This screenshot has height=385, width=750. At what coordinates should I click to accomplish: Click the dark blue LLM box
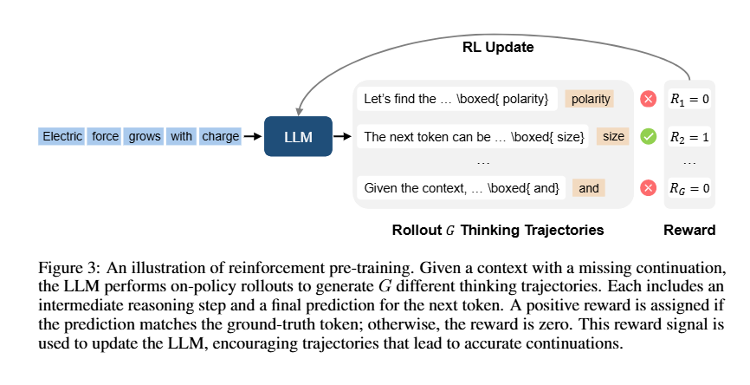(298, 136)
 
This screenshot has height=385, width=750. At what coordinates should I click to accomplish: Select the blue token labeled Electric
(61, 136)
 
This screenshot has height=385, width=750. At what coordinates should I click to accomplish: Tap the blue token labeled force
(105, 136)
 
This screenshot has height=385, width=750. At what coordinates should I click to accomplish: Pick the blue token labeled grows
(144, 136)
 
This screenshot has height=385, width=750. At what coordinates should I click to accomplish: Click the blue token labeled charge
(220, 136)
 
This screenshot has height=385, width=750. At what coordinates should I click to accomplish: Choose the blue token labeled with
(181, 136)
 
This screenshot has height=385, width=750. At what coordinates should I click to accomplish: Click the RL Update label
(498, 48)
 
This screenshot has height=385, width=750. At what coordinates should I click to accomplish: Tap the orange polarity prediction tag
(590, 99)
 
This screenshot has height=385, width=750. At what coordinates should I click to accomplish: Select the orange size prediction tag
(613, 136)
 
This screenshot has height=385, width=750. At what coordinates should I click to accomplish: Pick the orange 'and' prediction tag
(589, 187)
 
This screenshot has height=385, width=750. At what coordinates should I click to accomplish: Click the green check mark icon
(648, 137)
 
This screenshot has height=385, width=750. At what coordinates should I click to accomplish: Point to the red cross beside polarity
(648, 99)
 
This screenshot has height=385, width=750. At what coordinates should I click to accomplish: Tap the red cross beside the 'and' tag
(648, 187)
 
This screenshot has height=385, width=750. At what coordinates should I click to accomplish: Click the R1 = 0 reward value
(689, 99)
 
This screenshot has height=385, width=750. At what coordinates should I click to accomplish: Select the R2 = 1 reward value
(689, 137)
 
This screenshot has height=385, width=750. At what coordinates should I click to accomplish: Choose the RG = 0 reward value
(689, 188)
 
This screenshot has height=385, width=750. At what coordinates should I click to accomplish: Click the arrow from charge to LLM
(253, 136)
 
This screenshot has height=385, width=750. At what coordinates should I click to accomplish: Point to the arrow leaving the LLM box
(342, 136)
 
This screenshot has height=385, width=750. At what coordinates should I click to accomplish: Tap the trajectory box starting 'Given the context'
(461, 187)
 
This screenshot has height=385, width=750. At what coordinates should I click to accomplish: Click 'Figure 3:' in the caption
(69, 268)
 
